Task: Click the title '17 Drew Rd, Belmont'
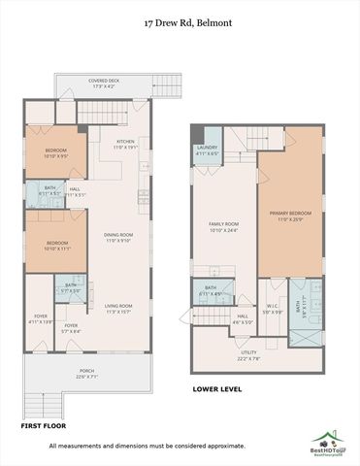coord(180,21)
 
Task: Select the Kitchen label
coord(126,144)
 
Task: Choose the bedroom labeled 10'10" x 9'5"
coord(55,151)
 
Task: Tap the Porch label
coord(87,374)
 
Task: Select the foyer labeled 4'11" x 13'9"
coord(40,318)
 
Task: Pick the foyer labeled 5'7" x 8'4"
coord(71,328)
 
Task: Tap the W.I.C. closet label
coord(273,310)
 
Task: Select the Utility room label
coord(248,355)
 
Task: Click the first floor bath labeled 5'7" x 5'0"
coord(71,289)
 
